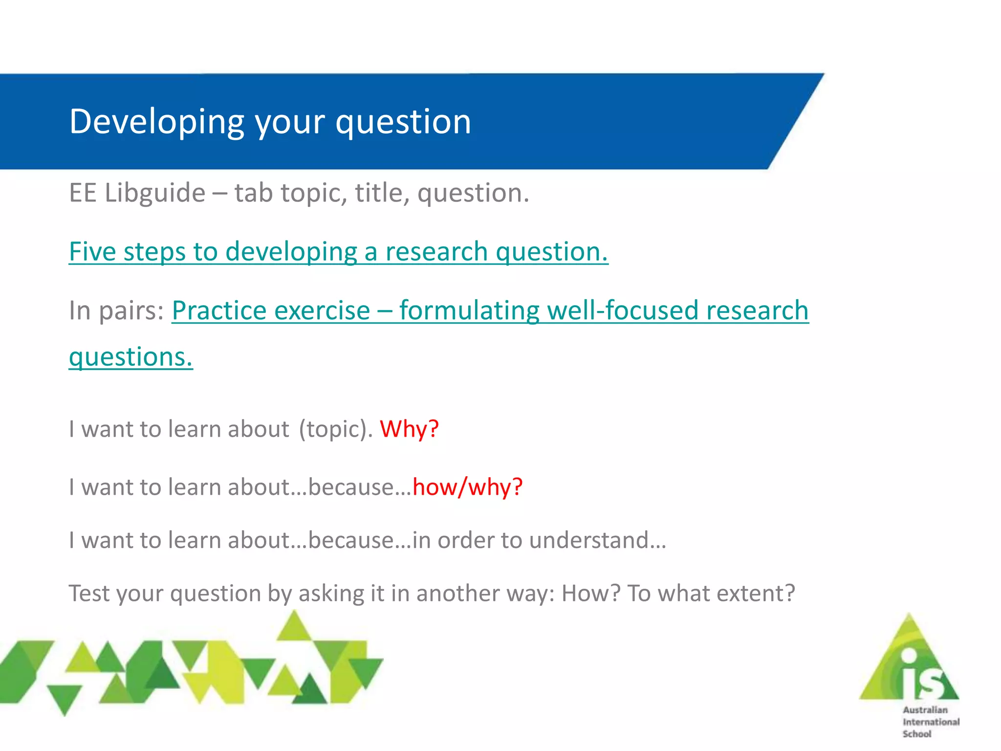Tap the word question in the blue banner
pyautogui.click(x=403, y=122)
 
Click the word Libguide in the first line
pyautogui.click(x=155, y=193)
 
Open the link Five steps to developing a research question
pyautogui.click(x=338, y=252)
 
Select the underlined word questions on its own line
pyautogui.click(x=131, y=357)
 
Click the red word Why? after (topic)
pyautogui.click(x=409, y=429)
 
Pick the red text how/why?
pyautogui.click(x=467, y=487)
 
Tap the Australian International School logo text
pyautogui.click(x=930, y=722)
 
